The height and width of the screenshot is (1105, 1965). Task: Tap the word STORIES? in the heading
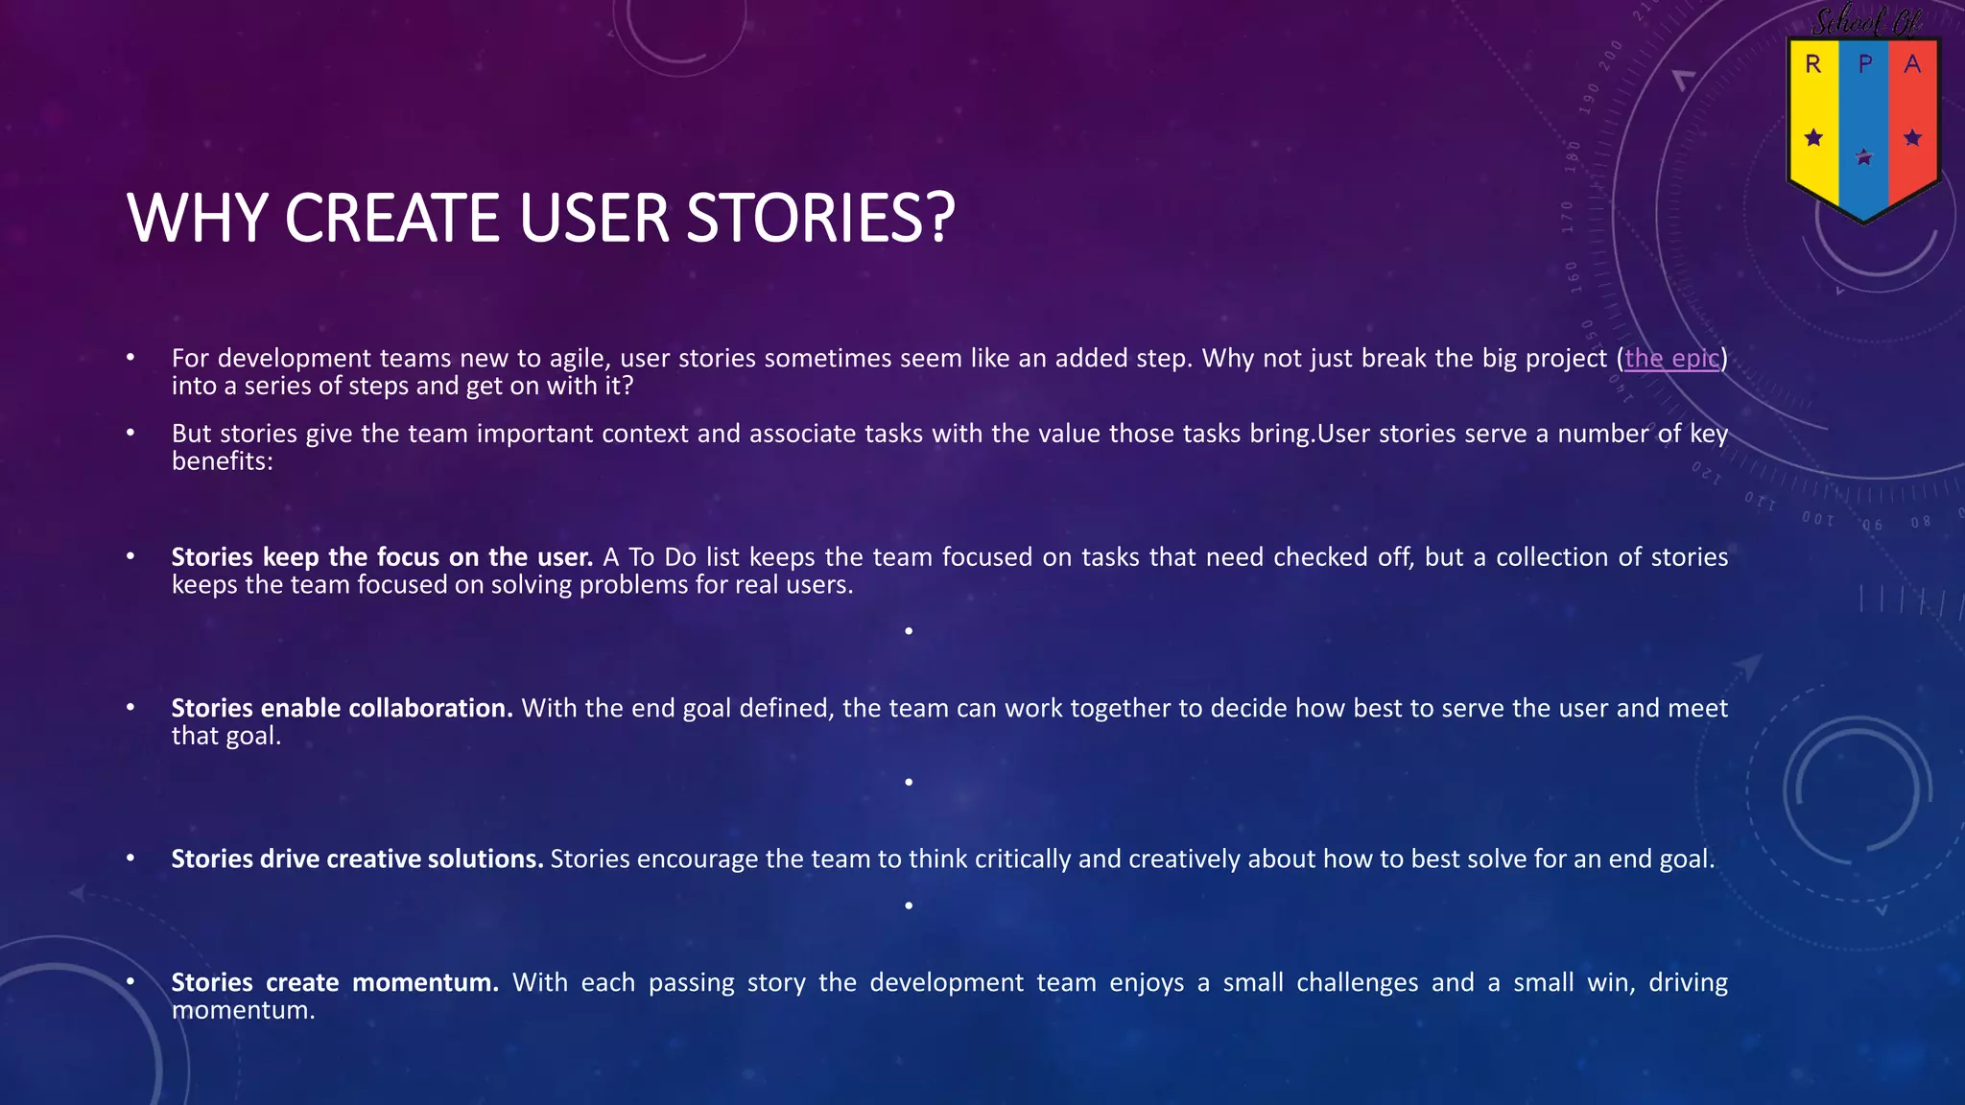click(820, 218)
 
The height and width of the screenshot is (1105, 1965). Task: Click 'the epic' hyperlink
click(1671, 358)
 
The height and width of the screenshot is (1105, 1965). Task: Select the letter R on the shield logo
click(1812, 64)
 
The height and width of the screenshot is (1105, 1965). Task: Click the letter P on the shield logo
click(1864, 64)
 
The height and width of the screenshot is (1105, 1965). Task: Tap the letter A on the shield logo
click(1912, 64)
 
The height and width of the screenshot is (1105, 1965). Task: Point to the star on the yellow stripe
click(1813, 138)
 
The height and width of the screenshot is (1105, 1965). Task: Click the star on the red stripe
click(1912, 138)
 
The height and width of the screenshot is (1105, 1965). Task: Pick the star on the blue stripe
click(1863, 157)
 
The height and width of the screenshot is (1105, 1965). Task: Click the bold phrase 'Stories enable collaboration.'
click(342, 708)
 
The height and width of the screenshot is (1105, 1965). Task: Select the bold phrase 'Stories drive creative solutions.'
click(357, 858)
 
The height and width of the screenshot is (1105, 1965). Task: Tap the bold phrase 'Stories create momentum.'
click(335, 982)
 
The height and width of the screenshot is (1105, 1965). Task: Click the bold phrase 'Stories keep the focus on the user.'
click(382, 557)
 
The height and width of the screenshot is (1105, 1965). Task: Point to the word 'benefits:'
click(222, 461)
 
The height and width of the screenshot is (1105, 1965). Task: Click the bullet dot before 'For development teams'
click(130, 358)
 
